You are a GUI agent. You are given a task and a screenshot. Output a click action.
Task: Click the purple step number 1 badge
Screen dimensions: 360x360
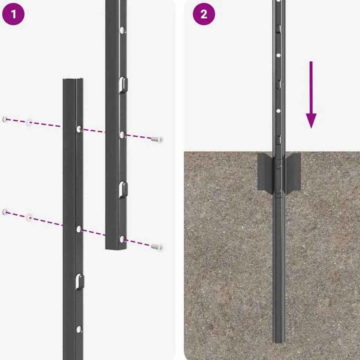tap(13, 14)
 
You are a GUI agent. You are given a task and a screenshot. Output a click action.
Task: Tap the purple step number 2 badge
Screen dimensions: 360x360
tap(204, 14)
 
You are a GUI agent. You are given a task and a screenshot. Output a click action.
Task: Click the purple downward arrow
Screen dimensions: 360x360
tap(311, 95)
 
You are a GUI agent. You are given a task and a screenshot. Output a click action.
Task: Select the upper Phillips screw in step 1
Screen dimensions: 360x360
tap(157, 139)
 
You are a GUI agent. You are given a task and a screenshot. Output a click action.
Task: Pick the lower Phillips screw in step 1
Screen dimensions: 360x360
tap(157, 247)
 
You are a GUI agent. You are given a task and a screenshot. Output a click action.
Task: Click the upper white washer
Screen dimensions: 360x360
tap(29, 122)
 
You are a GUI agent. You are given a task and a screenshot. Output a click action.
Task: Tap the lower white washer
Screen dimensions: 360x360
tap(29, 217)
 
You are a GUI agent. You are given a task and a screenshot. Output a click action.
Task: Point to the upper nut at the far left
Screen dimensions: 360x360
tap(5, 119)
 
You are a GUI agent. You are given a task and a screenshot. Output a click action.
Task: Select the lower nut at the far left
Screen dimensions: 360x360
tap(5, 212)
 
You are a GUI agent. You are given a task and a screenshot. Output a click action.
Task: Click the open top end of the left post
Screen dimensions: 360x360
tap(73, 80)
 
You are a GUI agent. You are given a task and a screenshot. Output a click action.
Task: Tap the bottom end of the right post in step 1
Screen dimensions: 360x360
tap(116, 248)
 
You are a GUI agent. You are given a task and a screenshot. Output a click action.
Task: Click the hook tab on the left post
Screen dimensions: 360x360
tap(79, 281)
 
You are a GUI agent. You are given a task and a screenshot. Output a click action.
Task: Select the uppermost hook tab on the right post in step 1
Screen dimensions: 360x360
tap(123, 85)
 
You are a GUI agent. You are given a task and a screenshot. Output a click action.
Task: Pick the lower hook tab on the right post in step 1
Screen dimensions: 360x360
tap(123, 190)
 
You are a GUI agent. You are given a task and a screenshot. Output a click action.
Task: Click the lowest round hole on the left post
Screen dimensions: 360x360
tap(79, 329)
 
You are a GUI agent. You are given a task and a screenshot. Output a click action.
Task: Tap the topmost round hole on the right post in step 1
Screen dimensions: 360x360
tap(122, 30)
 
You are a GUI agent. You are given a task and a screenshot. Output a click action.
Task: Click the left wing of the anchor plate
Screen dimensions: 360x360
tap(265, 172)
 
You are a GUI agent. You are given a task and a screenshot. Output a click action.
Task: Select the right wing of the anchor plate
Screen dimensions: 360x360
tap(292, 171)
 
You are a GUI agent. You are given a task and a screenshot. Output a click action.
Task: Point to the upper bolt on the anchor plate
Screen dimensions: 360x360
tap(278, 166)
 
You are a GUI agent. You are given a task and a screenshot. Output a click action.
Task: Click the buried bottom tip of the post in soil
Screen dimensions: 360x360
tap(279, 341)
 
